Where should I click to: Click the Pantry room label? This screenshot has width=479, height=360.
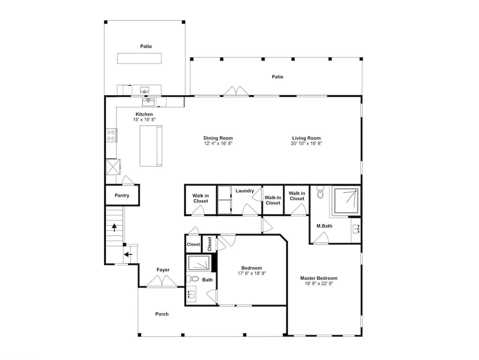(122, 196)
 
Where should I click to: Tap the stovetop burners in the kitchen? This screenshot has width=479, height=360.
(111, 135)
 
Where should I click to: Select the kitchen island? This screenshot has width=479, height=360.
(151, 146)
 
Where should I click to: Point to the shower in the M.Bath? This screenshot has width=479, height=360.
(346, 200)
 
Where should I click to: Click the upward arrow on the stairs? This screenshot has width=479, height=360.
(114, 228)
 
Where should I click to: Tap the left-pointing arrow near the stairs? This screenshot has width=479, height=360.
(128, 254)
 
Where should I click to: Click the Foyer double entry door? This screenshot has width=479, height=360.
(162, 282)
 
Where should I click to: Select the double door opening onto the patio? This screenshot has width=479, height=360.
(236, 91)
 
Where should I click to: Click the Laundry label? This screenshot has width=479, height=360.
(245, 191)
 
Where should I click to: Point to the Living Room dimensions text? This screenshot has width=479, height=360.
(307, 143)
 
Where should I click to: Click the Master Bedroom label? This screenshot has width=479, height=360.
(319, 278)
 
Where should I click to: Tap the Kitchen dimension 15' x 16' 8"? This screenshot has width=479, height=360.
(144, 119)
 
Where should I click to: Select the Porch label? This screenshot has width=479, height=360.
(162, 314)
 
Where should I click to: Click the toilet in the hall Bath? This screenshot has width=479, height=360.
(192, 279)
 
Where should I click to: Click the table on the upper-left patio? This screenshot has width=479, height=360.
(139, 58)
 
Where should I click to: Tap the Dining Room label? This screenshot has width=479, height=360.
(218, 138)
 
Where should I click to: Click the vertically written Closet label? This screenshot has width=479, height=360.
(210, 244)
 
